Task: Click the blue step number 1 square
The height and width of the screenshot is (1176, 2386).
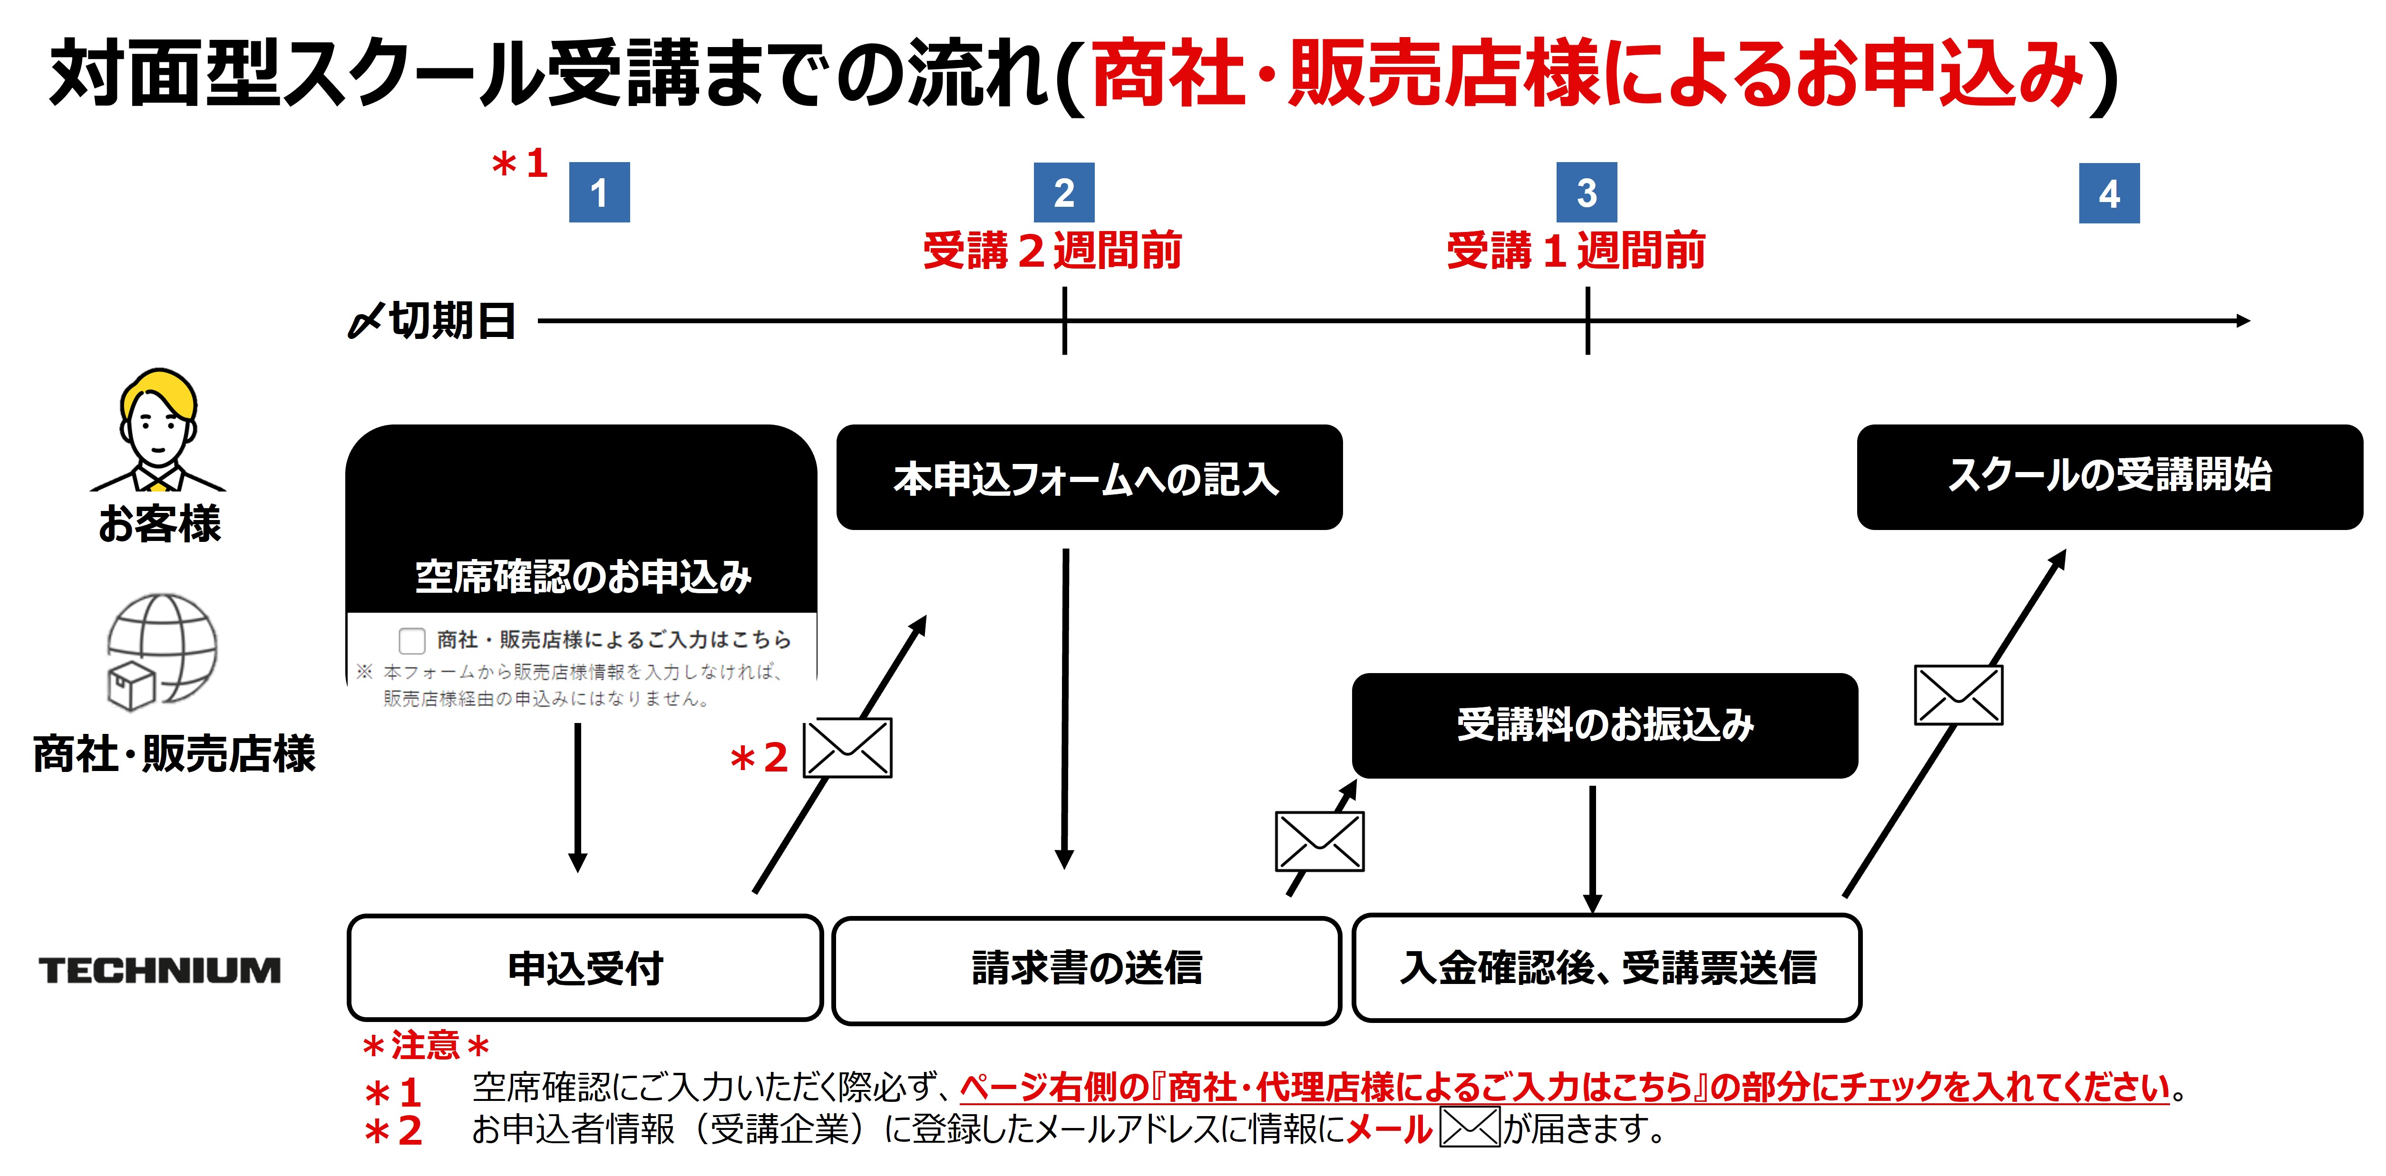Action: click(599, 193)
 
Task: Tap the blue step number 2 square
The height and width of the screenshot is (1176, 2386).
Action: click(1064, 193)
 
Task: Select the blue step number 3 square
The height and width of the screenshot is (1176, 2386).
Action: click(1587, 193)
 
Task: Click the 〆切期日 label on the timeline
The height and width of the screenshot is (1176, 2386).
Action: click(433, 321)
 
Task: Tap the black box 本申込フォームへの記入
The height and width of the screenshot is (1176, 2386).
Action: click(1088, 478)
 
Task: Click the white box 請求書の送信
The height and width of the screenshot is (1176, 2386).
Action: click(1087, 970)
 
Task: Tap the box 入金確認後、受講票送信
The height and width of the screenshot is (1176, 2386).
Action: click(1607, 968)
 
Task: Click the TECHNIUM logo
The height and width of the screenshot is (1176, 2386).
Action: click(159, 971)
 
